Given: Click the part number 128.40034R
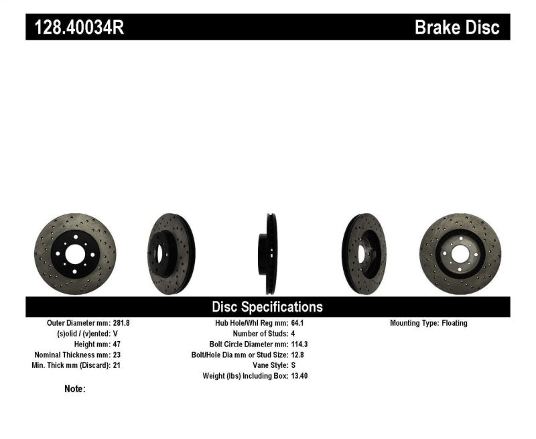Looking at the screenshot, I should click(75, 27).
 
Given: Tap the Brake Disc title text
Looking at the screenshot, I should click(457, 27).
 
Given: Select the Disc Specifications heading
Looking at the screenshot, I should click(267, 307).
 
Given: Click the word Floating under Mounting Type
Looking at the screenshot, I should click(454, 323).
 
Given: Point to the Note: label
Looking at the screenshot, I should click(75, 389).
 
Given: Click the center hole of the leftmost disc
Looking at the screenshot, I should click(74, 254).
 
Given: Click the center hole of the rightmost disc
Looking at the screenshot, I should click(460, 253).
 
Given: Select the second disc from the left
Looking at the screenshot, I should click(170, 254).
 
